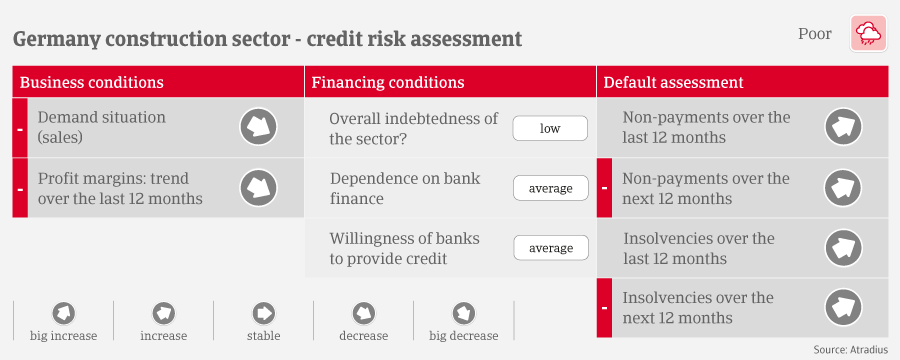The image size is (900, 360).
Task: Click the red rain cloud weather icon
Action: tap(868, 34)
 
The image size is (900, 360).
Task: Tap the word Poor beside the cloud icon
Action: tap(814, 34)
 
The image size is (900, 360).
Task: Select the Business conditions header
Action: tap(92, 82)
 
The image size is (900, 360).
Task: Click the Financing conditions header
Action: tap(388, 82)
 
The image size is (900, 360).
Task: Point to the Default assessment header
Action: tap(674, 82)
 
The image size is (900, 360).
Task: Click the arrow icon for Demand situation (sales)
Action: tap(258, 127)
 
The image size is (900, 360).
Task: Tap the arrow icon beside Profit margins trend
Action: tap(258, 188)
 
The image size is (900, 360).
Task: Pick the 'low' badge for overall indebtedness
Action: tap(550, 128)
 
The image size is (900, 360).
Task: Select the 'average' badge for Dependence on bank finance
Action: tap(551, 188)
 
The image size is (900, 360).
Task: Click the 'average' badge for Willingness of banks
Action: tap(551, 248)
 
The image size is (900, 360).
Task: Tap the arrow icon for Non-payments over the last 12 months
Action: tap(843, 127)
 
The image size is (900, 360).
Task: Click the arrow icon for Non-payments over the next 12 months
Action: tap(843, 188)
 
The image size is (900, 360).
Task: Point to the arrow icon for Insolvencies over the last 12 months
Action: tap(843, 248)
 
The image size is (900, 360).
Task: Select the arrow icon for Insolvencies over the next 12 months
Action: tap(843, 308)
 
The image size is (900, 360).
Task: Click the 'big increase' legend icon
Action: tap(64, 313)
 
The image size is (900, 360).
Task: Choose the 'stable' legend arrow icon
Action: tap(264, 313)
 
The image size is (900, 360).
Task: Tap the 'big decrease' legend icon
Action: tap(464, 313)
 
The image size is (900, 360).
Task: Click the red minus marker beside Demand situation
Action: tap(20, 127)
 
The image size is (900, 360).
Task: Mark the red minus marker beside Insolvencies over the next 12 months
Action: tap(604, 308)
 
